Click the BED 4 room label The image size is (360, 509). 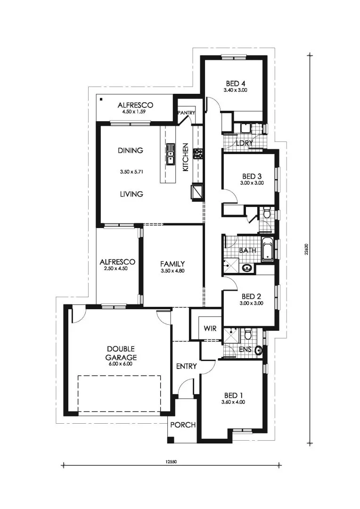click(235, 83)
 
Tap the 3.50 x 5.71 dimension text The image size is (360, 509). click(131, 172)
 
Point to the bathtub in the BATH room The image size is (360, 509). click(267, 250)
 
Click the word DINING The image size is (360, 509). click(130, 151)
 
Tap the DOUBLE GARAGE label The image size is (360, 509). click(121, 353)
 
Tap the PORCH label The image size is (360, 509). click(183, 425)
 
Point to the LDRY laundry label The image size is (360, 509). click(245, 143)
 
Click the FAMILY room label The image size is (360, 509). click(172, 264)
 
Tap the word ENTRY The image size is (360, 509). click(186, 366)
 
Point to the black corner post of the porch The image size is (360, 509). click(171, 440)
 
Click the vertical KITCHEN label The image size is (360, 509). click(186, 157)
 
